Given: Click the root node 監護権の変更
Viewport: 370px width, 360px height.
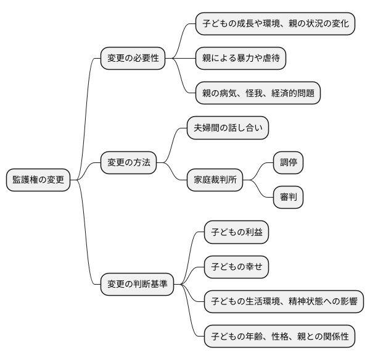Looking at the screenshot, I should coord(39,180).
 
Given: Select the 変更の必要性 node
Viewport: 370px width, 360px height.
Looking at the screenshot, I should coord(133,59).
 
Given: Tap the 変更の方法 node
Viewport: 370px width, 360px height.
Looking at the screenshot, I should coord(128,163).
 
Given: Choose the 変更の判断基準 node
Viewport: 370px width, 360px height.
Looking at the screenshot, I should coord(138,285).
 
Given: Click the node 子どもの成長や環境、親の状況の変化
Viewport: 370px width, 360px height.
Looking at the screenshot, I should coord(275,24).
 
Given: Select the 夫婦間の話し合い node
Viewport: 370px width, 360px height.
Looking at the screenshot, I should coord(228,128).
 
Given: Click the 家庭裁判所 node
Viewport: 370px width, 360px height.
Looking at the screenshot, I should coord(215,180).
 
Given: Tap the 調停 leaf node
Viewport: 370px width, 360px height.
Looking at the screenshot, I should coord(289,163).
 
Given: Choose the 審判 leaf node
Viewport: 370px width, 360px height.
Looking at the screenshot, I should coord(289,198).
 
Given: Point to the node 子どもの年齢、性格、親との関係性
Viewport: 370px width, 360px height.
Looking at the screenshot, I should coord(279,337).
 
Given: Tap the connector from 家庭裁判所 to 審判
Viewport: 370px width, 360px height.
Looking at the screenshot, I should coord(259,189).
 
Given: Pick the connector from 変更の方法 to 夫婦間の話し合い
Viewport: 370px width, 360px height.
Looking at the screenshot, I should coord(172,146).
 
